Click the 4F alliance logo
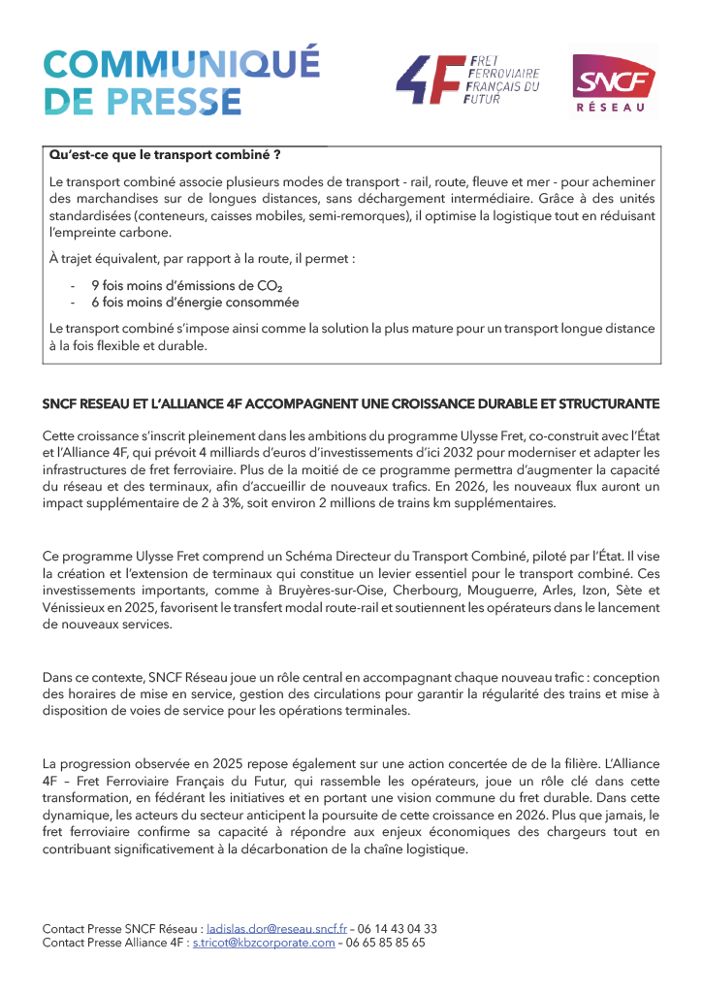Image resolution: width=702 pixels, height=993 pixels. tap(467, 80)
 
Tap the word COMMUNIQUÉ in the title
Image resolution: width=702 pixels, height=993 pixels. tap(181, 64)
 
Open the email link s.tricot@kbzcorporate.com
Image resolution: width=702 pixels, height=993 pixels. tap(264, 942)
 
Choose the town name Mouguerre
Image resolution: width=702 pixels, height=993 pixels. tap(504, 590)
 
